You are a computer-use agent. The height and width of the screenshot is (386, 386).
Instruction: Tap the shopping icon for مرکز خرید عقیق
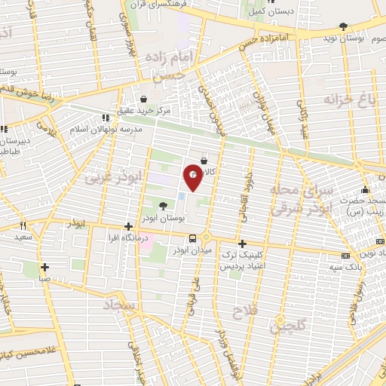143,98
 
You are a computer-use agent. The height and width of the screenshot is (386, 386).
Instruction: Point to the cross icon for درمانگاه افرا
129,226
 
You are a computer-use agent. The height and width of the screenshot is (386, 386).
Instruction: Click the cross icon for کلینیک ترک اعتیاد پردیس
242,244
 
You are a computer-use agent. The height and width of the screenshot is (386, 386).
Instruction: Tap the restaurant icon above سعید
23,225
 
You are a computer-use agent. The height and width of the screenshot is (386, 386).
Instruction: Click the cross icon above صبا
45,267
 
